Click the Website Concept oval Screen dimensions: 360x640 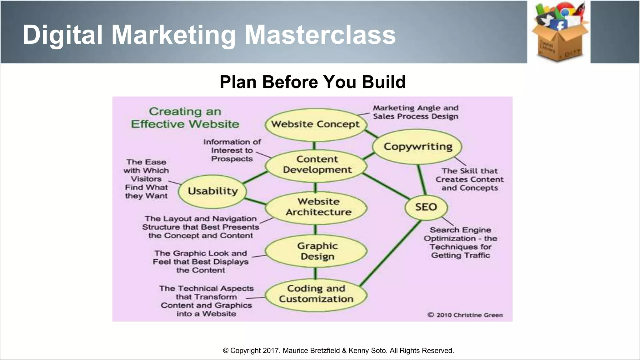(316, 124)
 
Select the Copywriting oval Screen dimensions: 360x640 (418, 147)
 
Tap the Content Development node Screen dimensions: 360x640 (317, 165)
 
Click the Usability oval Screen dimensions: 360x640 (213, 191)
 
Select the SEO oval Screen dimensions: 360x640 (426, 207)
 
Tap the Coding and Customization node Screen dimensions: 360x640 (316, 294)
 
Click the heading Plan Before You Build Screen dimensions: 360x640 (312, 82)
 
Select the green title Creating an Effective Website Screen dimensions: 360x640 (185, 118)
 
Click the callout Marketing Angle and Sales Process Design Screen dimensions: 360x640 (415, 112)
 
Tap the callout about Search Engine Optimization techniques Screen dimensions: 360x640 (460, 242)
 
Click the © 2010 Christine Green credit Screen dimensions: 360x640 (465, 315)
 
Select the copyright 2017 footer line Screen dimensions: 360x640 (338, 351)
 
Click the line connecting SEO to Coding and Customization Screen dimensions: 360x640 (391, 253)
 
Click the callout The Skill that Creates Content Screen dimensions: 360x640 (469, 179)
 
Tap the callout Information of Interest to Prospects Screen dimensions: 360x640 (232, 150)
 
